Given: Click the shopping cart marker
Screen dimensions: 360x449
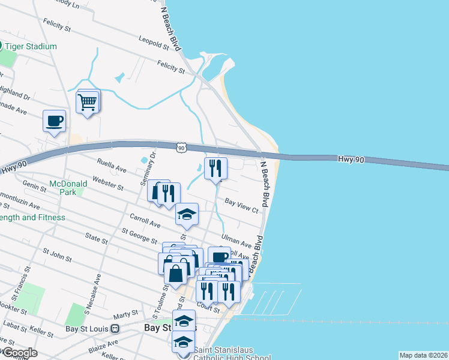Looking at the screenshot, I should [x=88, y=103].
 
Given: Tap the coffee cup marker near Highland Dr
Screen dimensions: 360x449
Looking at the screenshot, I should [x=54, y=121].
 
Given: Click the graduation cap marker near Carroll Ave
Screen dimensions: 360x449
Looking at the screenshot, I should [x=187, y=215].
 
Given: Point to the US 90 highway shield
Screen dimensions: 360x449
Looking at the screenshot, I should [x=182, y=147].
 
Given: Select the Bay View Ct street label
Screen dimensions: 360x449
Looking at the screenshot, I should [x=241, y=206].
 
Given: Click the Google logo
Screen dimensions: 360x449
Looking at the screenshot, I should [x=19, y=353].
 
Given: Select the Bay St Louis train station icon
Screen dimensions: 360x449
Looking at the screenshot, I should [x=115, y=329].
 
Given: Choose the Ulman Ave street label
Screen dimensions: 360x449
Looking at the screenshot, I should [x=237, y=241].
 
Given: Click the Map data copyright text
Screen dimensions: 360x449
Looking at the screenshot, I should [x=423, y=355].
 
